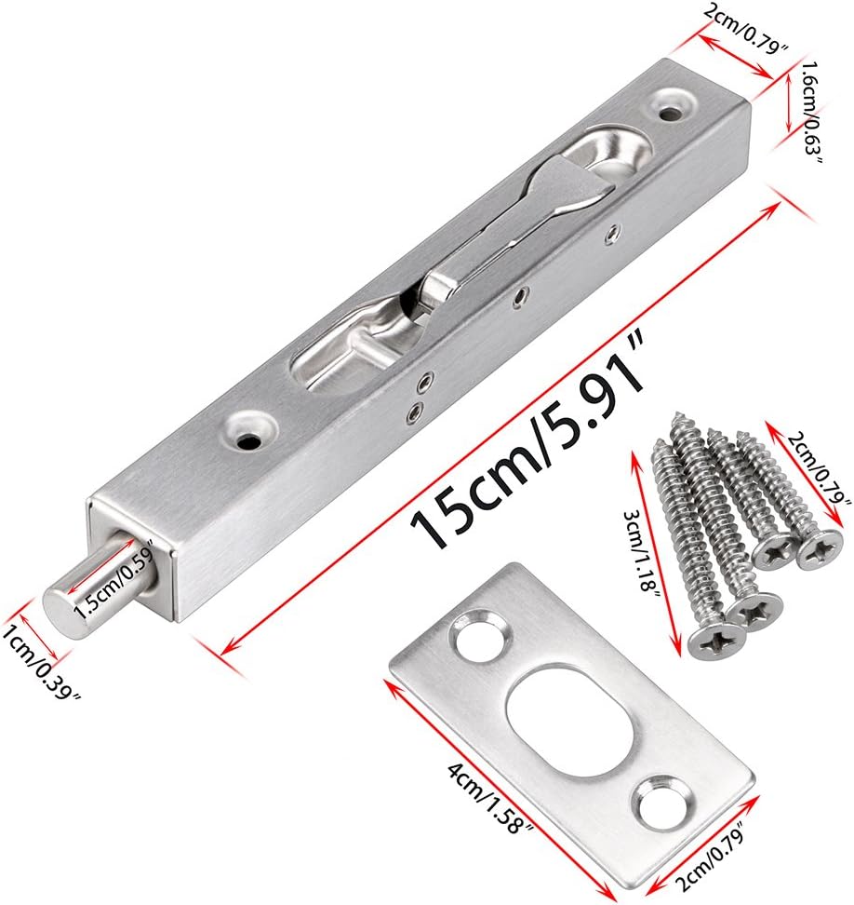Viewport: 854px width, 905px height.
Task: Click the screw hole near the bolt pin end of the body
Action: (x=250, y=430)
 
